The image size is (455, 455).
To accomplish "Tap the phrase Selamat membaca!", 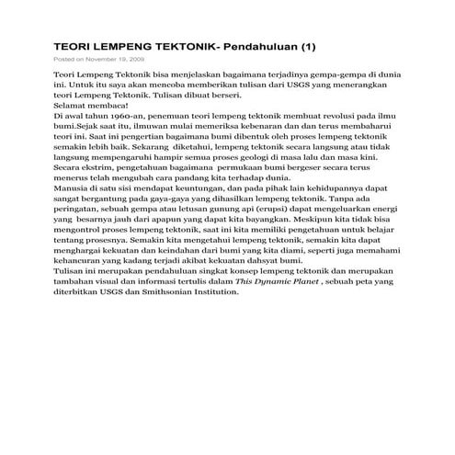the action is click(x=89, y=107).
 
